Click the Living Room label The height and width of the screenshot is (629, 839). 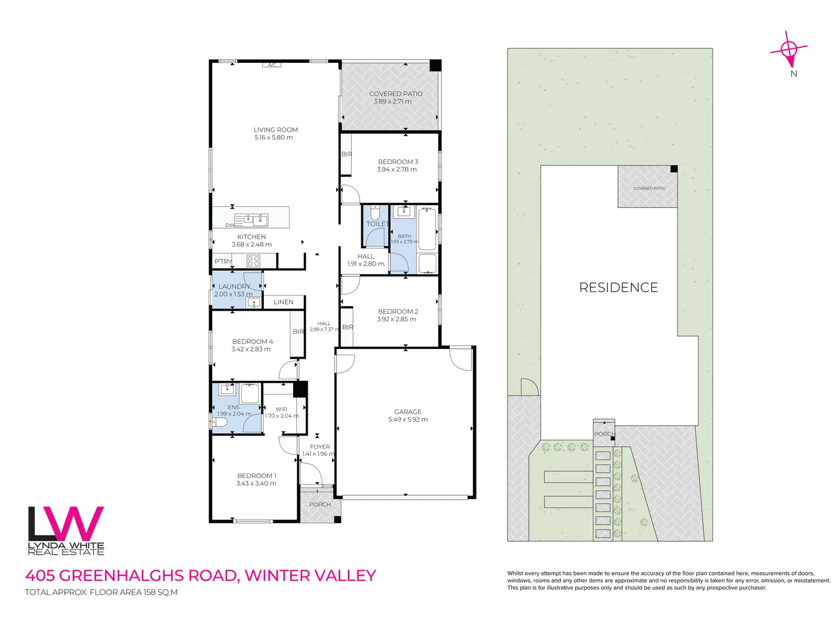tap(276, 130)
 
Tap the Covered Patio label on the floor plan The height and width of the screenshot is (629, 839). tap(396, 94)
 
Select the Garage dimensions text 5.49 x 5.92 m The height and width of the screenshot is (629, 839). tap(408, 419)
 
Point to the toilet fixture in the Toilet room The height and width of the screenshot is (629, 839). tap(375, 212)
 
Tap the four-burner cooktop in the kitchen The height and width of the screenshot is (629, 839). tap(253, 261)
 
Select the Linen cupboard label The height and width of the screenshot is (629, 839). tap(284, 302)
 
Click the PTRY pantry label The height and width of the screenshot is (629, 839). tap(223, 262)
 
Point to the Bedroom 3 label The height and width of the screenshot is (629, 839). tap(398, 162)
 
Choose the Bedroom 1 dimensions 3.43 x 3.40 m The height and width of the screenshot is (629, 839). tap(256, 483)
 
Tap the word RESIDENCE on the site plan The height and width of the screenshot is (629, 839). tap(618, 287)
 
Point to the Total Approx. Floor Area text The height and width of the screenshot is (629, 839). tap(101, 592)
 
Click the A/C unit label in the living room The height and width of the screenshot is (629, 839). tap(272, 65)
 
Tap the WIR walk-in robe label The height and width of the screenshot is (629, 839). tap(281, 409)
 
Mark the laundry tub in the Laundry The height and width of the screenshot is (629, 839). tap(253, 302)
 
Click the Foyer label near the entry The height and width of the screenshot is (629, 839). tap(320, 447)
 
